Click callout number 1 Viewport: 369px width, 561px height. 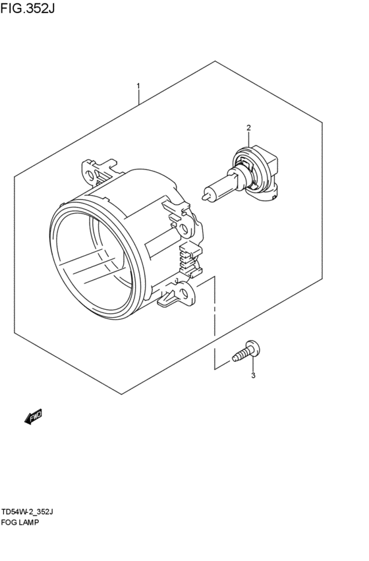click(x=138, y=86)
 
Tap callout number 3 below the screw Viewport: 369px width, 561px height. click(x=252, y=376)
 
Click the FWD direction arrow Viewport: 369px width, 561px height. click(x=33, y=416)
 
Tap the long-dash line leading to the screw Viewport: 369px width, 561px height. click(x=214, y=323)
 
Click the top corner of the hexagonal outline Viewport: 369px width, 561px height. click(x=215, y=61)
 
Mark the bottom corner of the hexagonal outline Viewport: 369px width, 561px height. click(x=122, y=394)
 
